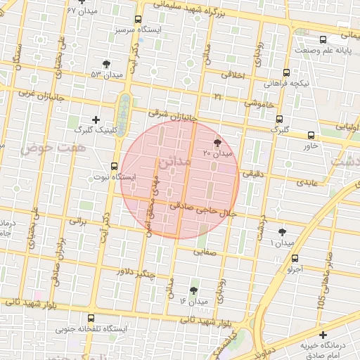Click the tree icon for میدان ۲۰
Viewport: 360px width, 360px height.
tap(207, 142)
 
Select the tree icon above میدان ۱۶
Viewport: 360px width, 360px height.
tap(194, 290)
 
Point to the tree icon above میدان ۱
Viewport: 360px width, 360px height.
tap(282, 231)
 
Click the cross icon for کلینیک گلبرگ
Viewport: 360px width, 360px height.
tap(96, 120)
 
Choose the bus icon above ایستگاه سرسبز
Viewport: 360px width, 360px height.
tap(137, 20)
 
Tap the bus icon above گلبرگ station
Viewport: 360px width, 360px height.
tap(280, 119)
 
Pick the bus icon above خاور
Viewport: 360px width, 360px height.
tap(311, 135)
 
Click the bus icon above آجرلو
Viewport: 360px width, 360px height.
tap(295, 258)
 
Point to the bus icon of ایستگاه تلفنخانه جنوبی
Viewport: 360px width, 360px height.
tap(91, 318)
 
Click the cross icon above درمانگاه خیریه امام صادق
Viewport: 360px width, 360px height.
tap(322, 335)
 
